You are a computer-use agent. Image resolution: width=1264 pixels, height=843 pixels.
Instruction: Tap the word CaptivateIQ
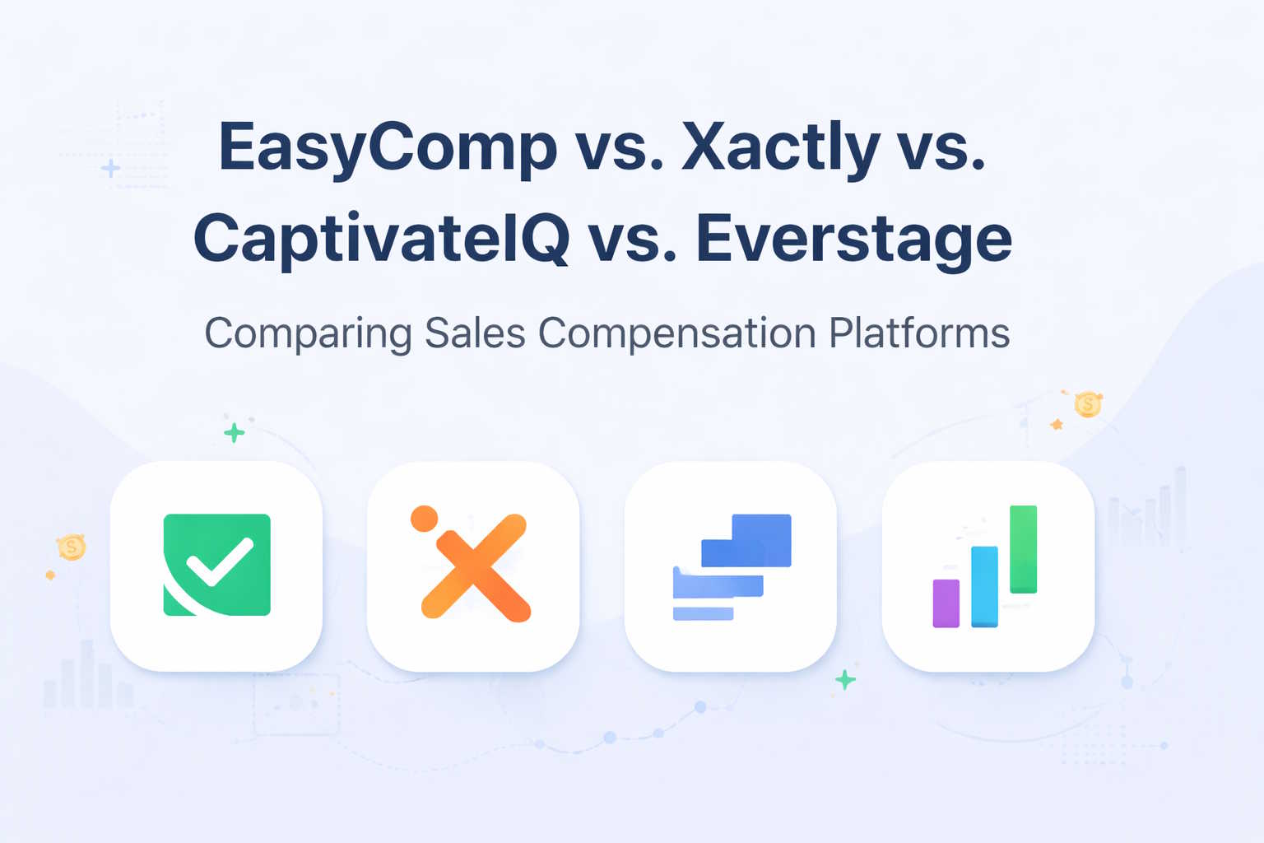coord(381,239)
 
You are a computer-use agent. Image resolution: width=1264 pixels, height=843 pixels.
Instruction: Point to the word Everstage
coord(853,239)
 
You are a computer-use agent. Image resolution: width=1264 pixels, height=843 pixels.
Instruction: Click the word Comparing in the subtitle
coord(308,333)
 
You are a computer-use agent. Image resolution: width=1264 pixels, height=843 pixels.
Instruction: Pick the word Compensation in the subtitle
coord(676,333)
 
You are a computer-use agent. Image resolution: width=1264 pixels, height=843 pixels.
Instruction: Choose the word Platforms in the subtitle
coord(919,333)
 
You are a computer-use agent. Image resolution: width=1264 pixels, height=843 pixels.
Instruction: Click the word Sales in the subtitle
coord(475,333)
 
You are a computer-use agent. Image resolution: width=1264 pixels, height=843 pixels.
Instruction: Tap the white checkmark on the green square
coord(219,561)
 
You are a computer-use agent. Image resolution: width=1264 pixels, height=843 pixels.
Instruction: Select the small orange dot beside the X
coord(424,518)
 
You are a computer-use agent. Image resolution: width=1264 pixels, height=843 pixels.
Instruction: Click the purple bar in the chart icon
coord(946,603)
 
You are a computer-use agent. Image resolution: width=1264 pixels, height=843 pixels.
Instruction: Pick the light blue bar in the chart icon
coord(984,586)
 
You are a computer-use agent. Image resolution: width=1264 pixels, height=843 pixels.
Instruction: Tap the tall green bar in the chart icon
coord(1023,548)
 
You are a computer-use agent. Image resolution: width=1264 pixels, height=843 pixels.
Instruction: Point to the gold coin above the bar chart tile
coord(1088,404)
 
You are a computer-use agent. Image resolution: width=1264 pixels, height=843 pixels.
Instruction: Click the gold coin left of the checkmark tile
coord(72,547)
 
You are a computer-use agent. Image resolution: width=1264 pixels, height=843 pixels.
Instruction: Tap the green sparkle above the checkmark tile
coord(235,432)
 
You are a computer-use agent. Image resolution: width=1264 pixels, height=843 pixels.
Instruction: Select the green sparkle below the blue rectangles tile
coord(845,680)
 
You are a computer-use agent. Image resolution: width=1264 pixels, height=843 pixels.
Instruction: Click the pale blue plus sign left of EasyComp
coord(110,169)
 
